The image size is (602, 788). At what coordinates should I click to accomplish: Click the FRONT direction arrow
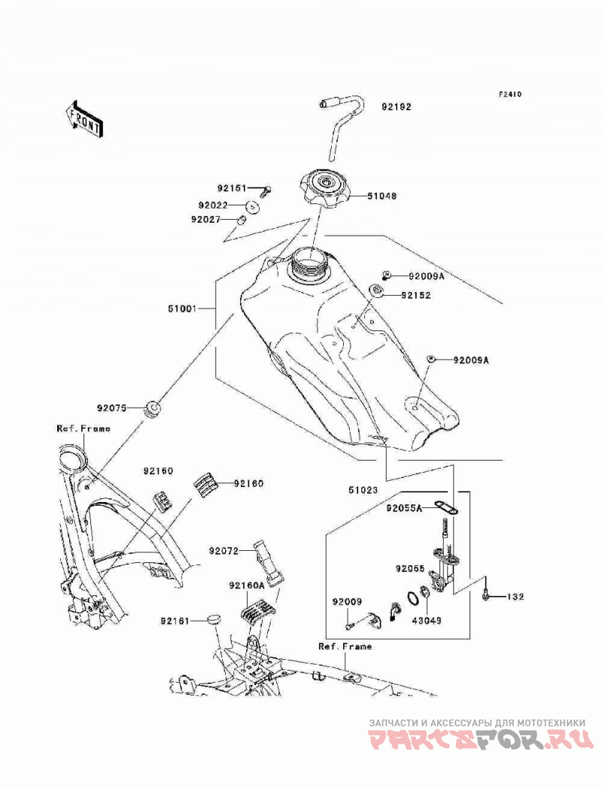(x=84, y=119)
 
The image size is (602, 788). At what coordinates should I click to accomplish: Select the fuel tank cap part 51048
(x=324, y=190)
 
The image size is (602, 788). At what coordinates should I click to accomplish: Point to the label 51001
(x=182, y=308)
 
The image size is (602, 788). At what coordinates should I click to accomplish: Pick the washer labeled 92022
(x=252, y=206)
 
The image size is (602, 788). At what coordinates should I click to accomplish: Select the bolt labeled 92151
(x=266, y=190)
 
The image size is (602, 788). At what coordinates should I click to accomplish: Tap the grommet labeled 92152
(x=376, y=291)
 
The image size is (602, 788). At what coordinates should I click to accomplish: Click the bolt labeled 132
(x=485, y=596)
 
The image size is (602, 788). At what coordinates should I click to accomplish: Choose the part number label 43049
(x=427, y=621)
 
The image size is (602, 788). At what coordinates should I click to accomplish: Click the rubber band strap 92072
(x=269, y=564)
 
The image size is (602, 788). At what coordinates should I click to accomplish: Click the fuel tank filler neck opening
(x=308, y=261)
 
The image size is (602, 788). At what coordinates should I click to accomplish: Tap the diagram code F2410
(x=509, y=94)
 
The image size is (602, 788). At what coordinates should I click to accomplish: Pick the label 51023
(x=362, y=490)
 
